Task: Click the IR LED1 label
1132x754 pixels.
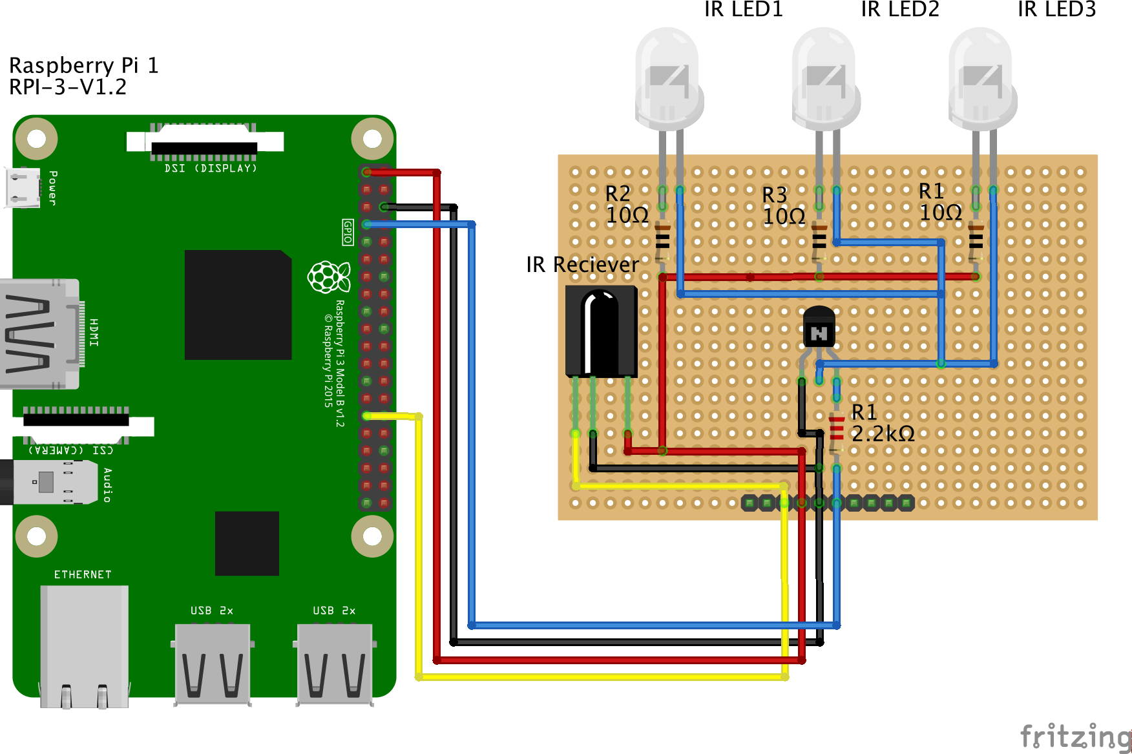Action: (x=743, y=10)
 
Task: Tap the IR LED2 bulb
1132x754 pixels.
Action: (x=826, y=78)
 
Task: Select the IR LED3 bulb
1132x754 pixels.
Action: (x=982, y=78)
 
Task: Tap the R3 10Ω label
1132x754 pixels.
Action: (x=783, y=205)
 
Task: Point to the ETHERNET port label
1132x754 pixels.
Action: (x=83, y=574)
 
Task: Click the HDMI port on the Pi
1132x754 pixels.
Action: (x=39, y=334)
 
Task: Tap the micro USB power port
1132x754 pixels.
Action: (x=23, y=187)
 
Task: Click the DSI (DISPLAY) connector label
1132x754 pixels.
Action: (x=211, y=168)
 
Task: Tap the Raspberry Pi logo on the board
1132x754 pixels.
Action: (x=329, y=277)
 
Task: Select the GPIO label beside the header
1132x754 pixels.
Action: (x=348, y=232)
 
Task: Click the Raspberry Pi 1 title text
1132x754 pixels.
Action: (x=83, y=65)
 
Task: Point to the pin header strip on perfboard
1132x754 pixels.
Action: (x=828, y=503)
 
